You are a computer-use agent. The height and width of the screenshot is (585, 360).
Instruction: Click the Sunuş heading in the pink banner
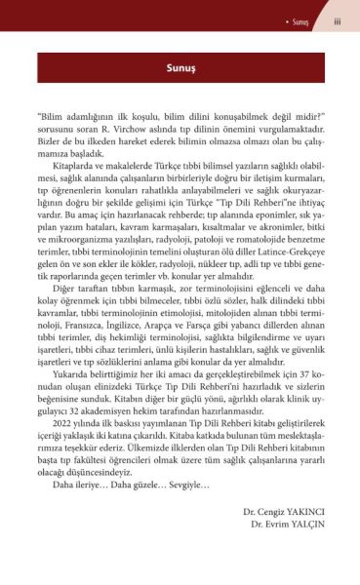[180, 70]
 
